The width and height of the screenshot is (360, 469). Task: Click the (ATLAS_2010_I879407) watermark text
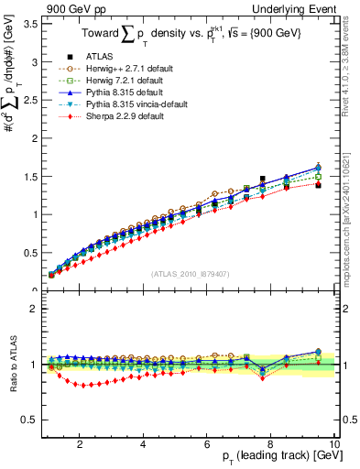(190, 273)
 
